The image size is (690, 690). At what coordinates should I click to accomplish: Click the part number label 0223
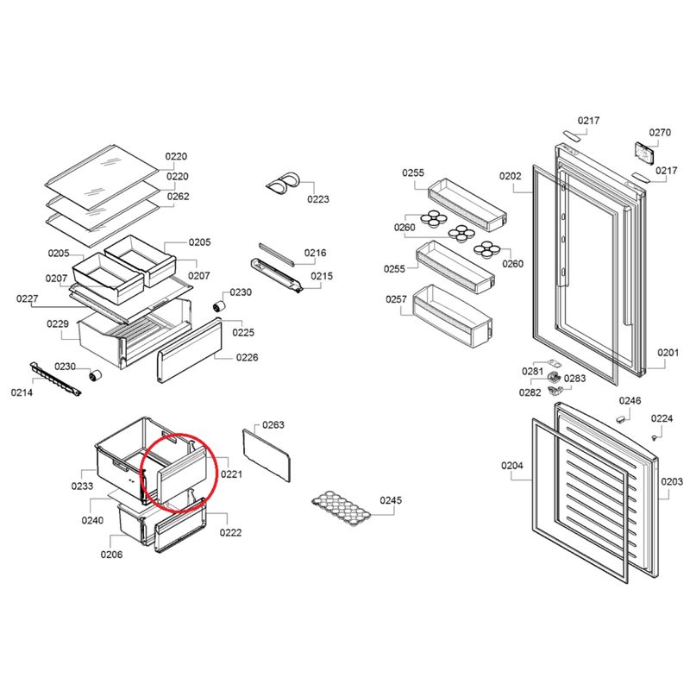click(318, 199)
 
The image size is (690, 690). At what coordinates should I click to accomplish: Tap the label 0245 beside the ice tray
click(391, 500)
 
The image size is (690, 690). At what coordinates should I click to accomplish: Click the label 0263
click(273, 424)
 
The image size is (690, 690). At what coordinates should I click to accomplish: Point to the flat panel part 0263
click(267, 455)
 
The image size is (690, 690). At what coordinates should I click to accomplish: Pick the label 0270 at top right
click(660, 133)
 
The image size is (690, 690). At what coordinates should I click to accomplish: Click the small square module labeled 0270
click(644, 154)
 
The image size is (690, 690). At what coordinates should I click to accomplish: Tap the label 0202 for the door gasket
click(510, 176)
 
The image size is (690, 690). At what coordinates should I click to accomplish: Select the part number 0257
click(396, 299)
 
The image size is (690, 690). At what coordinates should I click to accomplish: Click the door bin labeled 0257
click(452, 316)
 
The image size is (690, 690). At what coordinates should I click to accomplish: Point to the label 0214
click(22, 392)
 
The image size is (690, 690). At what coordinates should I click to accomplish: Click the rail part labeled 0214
click(55, 379)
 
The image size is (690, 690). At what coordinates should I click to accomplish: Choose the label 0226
click(247, 357)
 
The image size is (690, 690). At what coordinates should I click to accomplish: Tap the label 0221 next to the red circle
click(231, 474)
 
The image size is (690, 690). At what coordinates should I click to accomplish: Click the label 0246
click(630, 400)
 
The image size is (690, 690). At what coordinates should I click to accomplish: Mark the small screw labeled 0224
click(655, 437)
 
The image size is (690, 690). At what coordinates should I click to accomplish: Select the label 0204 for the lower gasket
click(512, 466)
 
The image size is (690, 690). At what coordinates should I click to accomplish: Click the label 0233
click(82, 486)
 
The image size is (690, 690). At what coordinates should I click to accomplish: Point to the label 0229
click(58, 324)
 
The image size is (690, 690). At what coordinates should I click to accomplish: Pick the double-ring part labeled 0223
click(283, 182)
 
